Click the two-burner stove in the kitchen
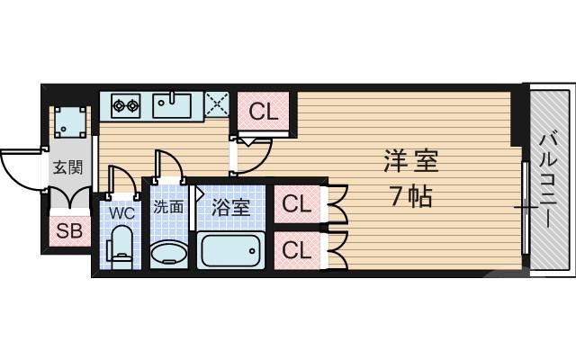(x=125, y=106)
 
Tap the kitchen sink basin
(x=171, y=106)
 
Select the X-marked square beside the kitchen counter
(x=217, y=105)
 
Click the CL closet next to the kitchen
(x=263, y=112)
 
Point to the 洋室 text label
(x=411, y=163)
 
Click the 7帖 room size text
(x=410, y=195)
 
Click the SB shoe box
(x=69, y=231)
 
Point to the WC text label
(x=121, y=213)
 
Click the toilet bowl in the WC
(x=121, y=247)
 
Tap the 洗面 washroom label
(x=167, y=207)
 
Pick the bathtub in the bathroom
(x=231, y=250)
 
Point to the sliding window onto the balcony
(x=525, y=207)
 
